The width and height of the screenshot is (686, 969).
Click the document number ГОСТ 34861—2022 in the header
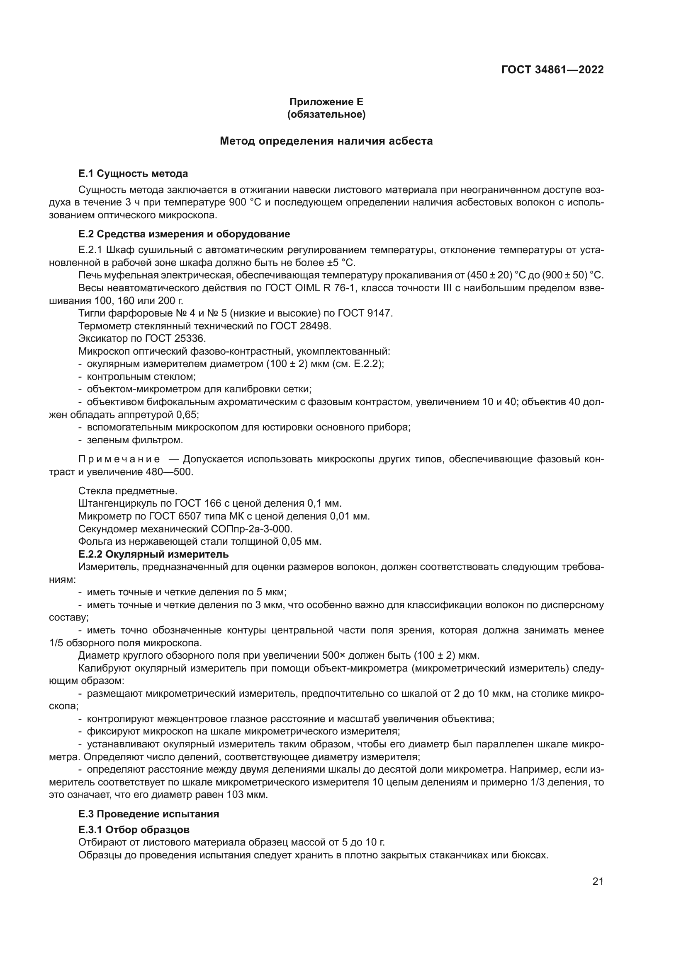pos(552,70)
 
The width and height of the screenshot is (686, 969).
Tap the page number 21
pos(598,881)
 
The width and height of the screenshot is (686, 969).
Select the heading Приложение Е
pos(326,102)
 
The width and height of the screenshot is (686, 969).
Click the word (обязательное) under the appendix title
pos(326,114)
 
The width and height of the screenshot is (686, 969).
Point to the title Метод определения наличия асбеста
pos(326,141)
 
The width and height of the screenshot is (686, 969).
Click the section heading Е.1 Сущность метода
pos(133,174)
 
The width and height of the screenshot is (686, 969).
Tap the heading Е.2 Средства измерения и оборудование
pos(184,234)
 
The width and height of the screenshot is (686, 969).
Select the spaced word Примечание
pos(119,459)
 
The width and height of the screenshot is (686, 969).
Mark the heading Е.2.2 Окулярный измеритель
pos(153,554)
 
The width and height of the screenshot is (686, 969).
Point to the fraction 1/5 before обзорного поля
pos(56,643)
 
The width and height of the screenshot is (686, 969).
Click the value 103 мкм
pos(247,795)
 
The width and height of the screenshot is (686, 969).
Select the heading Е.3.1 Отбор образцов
pos(134,830)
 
